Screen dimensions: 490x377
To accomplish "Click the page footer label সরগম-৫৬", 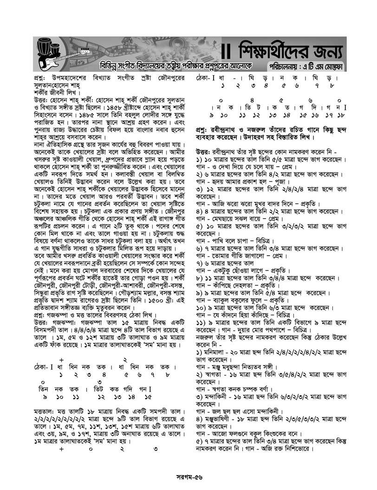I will (x=189, y=477).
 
